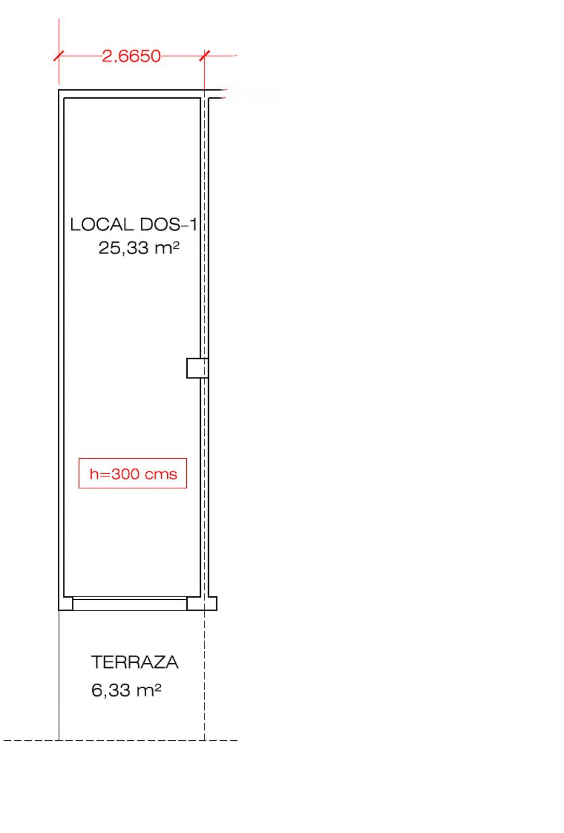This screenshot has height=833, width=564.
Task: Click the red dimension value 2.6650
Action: [131, 56]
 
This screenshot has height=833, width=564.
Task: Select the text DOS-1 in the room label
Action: [168, 224]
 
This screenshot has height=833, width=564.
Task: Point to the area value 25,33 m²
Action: [139, 248]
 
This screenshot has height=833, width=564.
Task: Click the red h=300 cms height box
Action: [133, 473]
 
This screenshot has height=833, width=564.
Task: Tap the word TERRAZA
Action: [135, 662]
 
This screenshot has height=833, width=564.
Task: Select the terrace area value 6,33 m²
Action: [126, 690]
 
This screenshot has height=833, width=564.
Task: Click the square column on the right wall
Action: [197, 368]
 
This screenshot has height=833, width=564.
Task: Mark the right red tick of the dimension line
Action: [204, 56]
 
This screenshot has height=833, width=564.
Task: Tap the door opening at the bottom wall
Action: [130, 603]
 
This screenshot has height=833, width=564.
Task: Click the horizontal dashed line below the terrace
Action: [121, 740]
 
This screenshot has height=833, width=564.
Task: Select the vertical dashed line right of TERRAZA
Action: [204, 675]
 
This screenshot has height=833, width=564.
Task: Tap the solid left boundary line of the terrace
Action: [59, 675]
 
